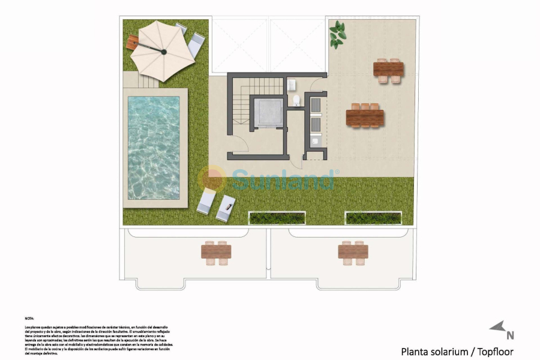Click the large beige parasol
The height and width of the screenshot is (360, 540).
coord(163,50)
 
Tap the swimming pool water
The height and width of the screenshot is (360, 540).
coord(153,148)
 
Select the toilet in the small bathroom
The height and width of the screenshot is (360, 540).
coord(296,100)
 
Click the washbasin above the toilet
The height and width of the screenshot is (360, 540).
coord(292,84)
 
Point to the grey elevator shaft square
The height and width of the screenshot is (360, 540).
coord(268,113)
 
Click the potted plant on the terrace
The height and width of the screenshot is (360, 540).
coord(337,34)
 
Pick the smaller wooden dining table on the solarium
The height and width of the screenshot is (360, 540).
coord(388,70)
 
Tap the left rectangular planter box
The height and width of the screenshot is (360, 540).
coord(269,218)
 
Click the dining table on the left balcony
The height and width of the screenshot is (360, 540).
coord(216,252)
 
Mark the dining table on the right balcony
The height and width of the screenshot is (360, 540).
coord(353,252)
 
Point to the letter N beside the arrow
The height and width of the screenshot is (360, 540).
coord(510,335)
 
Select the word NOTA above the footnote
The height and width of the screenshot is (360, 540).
coord(29,319)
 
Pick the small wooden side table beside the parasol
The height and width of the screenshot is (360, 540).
coord(133,42)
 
